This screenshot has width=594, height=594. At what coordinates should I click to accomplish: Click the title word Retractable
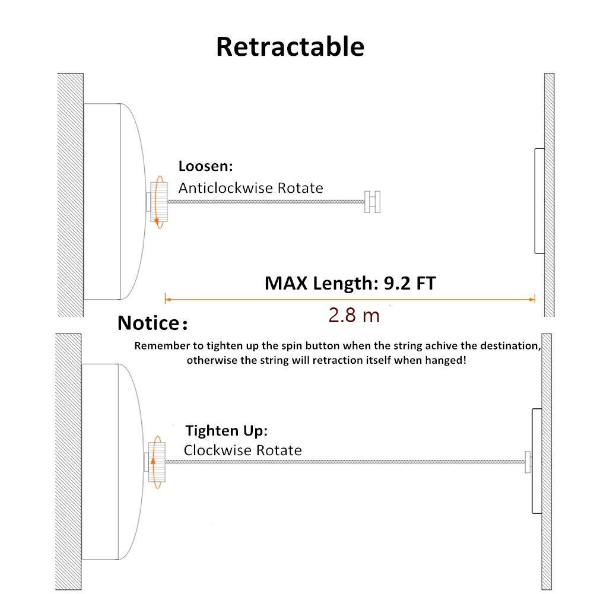point(290,47)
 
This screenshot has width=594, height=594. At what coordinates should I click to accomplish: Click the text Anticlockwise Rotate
point(250,188)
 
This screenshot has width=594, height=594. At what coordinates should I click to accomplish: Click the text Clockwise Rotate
point(242,450)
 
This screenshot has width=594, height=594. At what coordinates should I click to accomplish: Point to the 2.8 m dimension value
point(354,315)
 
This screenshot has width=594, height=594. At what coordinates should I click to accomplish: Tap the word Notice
point(148,323)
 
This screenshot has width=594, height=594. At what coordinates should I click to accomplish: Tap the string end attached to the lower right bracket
point(527,462)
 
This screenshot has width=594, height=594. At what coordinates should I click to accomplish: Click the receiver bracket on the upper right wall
point(539,201)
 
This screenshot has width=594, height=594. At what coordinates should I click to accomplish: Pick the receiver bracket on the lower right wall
point(536,460)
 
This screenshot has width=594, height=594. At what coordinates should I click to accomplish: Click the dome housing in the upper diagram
point(113,202)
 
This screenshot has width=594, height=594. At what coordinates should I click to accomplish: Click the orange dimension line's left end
point(166,298)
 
